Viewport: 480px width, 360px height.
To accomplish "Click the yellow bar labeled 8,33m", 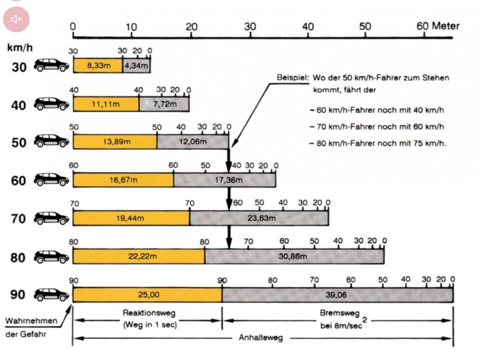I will [x=97, y=65].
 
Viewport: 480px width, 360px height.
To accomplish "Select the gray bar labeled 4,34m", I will [x=136, y=65].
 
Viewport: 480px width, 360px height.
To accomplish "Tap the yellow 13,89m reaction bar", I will [x=115, y=142].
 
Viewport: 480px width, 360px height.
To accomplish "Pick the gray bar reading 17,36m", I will [x=224, y=180].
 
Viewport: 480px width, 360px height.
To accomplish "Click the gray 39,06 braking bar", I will [x=337, y=294].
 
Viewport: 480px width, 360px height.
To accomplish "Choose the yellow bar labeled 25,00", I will [x=147, y=294].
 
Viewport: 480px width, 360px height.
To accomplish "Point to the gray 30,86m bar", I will [x=294, y=256].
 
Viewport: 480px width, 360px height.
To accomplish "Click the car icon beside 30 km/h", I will [x=51, y=66].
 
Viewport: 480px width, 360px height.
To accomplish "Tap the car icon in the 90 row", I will [x=51, y=294].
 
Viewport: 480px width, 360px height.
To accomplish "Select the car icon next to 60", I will [x=51, y=180].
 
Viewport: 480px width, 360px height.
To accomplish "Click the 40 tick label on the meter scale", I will [x=307, y=27].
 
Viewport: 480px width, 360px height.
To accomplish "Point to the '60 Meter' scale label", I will [x=437, y=27].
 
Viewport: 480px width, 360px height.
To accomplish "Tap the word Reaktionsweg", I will [x=147, y=314].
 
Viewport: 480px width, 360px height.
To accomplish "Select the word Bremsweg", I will [x=336, y=314].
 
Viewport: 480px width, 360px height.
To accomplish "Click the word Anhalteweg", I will [x=261, y=337].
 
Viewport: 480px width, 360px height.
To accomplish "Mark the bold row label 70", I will [x=19, y=219].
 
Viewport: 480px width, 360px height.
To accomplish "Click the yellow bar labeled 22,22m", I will [x=139, y=256].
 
